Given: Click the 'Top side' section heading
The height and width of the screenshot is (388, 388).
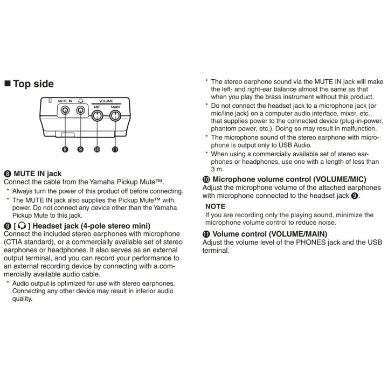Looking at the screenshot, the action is pyautogui.click(x=33, y=84).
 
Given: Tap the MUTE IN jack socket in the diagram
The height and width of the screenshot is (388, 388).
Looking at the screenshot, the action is pyautogui.click(x=65, y=110).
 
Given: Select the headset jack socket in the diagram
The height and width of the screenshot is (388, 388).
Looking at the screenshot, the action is pyautogui.click(x=80, y=110).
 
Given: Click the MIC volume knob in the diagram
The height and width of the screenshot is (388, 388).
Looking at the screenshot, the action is pyautogui.click(x=97, y=115).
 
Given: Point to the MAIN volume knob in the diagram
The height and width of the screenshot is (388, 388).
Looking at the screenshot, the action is pyautogui.click(x=115, y=115).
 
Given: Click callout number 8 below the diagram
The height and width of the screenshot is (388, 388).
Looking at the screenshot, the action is pyautogui.click(x=65, y=149).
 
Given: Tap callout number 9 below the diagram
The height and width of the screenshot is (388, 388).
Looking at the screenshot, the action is pyautogui.click(x=80, y=149).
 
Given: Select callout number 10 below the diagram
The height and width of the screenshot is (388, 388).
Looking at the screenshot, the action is pyautogui.click(x=97, y=149).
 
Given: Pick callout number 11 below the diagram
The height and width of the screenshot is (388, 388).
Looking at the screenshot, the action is pyautogui.click(x=115, y=149).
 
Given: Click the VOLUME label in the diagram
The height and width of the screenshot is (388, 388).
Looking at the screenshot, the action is pyautogui.click(x=106, y=101).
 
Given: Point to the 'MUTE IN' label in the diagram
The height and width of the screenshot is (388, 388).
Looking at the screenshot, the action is pyautogui.click(x=65, y=101).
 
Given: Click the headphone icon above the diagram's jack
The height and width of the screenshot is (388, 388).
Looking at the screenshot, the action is pyautogui.click(x=80, y=101).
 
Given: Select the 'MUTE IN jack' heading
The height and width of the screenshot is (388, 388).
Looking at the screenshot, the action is pyautogui.click(x=38, y=174).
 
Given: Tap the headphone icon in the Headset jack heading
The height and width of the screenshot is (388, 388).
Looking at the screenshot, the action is pyautogui.click(x=22, y=226).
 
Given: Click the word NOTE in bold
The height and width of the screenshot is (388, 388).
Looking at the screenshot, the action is pyautogui.click(x=215, y=206).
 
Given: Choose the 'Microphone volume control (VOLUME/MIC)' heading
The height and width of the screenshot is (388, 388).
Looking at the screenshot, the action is pyautogui.click(x=289, y=179).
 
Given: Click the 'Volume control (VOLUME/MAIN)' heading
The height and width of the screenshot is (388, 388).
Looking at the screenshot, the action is pyautogui.click(x=270, y=234).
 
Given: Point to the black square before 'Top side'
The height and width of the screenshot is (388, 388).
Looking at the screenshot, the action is pyautogui.click(x=8, y=84).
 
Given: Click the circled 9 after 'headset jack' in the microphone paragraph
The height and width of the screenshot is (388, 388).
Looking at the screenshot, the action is pyautogui.click(x=355, y=196).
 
